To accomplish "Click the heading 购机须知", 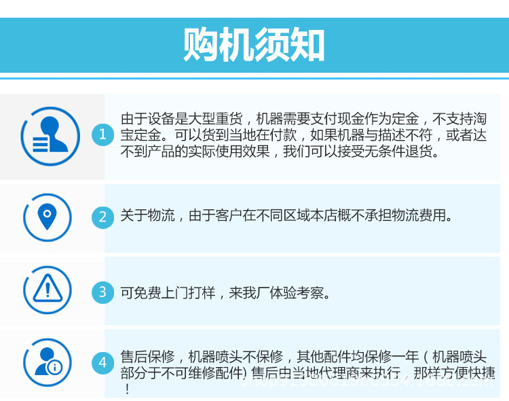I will [x=254, y=45].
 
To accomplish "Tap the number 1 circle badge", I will [x=102, y=135].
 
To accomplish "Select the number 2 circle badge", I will [x=102, y=217].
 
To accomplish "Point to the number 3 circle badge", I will [x=102, y=292].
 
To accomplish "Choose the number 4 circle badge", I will [x=102, y=362].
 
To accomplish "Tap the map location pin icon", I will [x=46, y=217].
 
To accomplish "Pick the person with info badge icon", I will [x=46, y=362].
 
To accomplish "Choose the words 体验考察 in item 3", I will [x=297, y=293].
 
